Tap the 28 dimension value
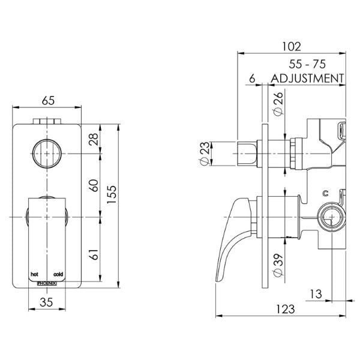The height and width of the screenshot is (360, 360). click(x=92, y=140)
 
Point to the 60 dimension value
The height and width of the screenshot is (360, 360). click(x=92, y=185)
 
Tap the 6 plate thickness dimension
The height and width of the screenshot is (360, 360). click(x=251, y=78)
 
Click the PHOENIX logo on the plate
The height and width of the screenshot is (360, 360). click(x=47, y=280)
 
